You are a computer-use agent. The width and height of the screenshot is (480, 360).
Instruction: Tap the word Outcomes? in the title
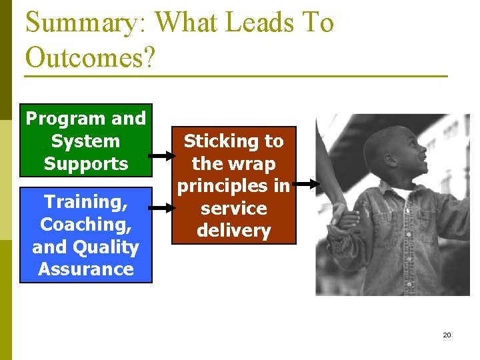tap(90, 58)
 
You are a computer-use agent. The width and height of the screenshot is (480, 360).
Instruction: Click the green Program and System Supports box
tap(86, 141)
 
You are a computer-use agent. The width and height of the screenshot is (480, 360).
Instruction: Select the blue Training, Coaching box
tap(86, 235)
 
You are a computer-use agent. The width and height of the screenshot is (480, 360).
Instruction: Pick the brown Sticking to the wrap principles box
tap(233, 185)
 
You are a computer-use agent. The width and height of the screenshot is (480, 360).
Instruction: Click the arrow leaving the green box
tap(160, 157)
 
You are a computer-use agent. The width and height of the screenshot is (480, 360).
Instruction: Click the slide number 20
tap(447, 335)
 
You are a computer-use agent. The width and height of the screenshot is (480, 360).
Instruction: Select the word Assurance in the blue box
tap(86, 269)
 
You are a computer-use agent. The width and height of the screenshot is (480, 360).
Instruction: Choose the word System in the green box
tap(85, 141)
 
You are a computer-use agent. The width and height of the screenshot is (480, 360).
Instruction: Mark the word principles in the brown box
tap(233, 186)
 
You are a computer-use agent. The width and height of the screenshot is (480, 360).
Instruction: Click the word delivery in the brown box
tap(233, 231)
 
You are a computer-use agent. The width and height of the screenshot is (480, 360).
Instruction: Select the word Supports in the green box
tap(86, 163)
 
